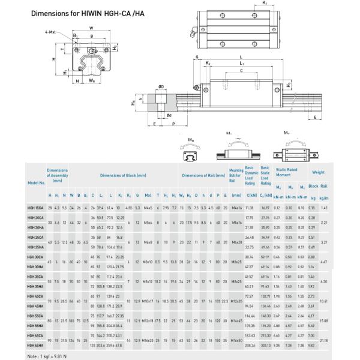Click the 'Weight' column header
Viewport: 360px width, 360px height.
coord(318,172)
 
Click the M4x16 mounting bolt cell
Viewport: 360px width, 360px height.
coord(236,207)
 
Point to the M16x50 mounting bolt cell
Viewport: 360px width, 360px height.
coord(236,340)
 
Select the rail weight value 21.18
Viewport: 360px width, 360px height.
coord(325,340)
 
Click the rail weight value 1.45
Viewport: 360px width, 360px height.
coord(325,207)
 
